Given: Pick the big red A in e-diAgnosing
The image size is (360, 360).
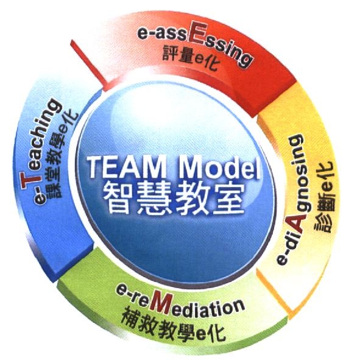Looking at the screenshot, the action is (298, 223).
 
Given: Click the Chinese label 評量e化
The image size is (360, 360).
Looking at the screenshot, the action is (190, 58).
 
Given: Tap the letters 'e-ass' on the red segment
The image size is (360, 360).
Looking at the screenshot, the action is (162, 35).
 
